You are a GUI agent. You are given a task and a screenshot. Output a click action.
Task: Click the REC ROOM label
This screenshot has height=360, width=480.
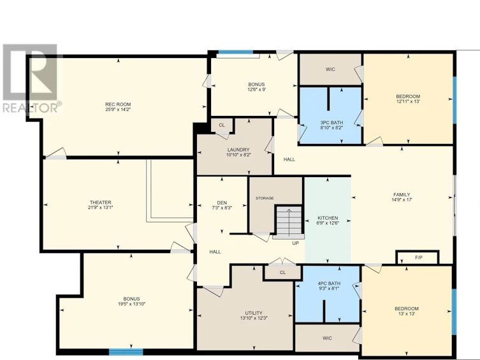(118, 104)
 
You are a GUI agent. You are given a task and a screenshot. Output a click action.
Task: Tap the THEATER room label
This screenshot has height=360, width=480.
(101, 203)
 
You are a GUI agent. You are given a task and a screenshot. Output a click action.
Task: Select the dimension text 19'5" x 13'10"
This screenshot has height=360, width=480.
(131, 304)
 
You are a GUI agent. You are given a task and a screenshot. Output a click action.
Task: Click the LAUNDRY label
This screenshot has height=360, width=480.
(238, 150)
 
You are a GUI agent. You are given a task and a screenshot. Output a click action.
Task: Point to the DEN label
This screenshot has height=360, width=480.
(222, 203)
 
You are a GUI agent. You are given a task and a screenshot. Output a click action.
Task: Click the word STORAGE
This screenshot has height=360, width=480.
(265, 198)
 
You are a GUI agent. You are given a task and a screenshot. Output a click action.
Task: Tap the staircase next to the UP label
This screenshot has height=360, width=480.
(289, 222)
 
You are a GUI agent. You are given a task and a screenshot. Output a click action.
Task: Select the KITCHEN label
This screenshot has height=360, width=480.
(328, 218)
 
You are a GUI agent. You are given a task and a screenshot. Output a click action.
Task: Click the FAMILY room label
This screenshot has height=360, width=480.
(402, 195)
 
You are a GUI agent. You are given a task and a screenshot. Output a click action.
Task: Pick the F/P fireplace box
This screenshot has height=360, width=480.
(418, 257)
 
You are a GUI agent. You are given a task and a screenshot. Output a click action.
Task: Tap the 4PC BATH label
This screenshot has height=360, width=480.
(329, 284)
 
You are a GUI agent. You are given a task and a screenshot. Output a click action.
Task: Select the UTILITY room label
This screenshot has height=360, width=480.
(254, 313)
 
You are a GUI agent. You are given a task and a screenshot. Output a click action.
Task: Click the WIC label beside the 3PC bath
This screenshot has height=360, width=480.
(330, 69)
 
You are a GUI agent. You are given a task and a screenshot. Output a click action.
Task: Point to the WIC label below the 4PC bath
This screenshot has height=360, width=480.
(327, 338)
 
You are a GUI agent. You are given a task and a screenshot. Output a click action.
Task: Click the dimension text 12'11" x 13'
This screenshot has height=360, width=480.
(408, 101)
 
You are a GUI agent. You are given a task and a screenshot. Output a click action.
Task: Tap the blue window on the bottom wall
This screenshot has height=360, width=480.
(126, 352)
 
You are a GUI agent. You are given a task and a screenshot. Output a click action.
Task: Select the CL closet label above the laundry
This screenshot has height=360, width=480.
(222, 125)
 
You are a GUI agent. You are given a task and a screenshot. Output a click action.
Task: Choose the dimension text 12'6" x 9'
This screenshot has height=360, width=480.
(256, 90)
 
